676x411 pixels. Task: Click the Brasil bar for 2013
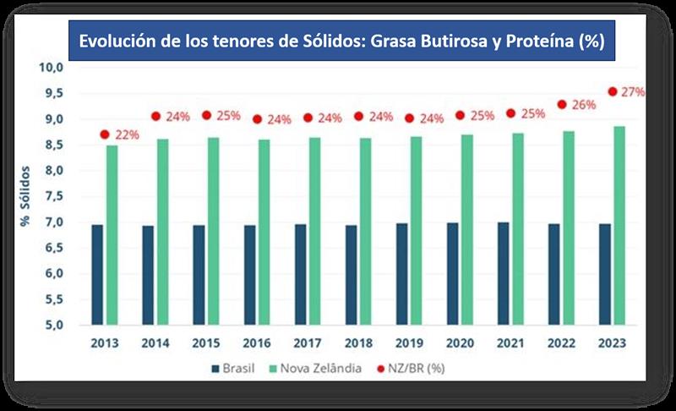click(97, 275)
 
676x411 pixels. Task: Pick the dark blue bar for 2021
click(503, 274)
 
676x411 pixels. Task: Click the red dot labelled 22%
click(105, 134)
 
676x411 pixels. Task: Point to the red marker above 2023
click(613, 92)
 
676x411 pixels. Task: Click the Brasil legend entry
click(241, 369)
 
